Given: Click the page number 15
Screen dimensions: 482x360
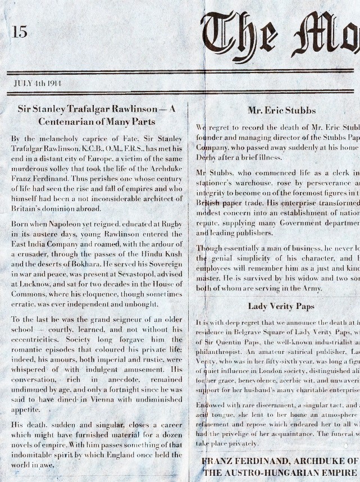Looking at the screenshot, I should tap(19, 32).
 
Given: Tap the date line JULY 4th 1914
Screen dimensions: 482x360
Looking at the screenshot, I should tap(38, 84).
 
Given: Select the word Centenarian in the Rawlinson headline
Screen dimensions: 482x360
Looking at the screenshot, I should tap(65, 121).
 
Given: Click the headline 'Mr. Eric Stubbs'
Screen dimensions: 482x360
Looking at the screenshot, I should tap(281, 111).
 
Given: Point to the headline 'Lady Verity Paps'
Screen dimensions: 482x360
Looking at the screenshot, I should tap(281, 306).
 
